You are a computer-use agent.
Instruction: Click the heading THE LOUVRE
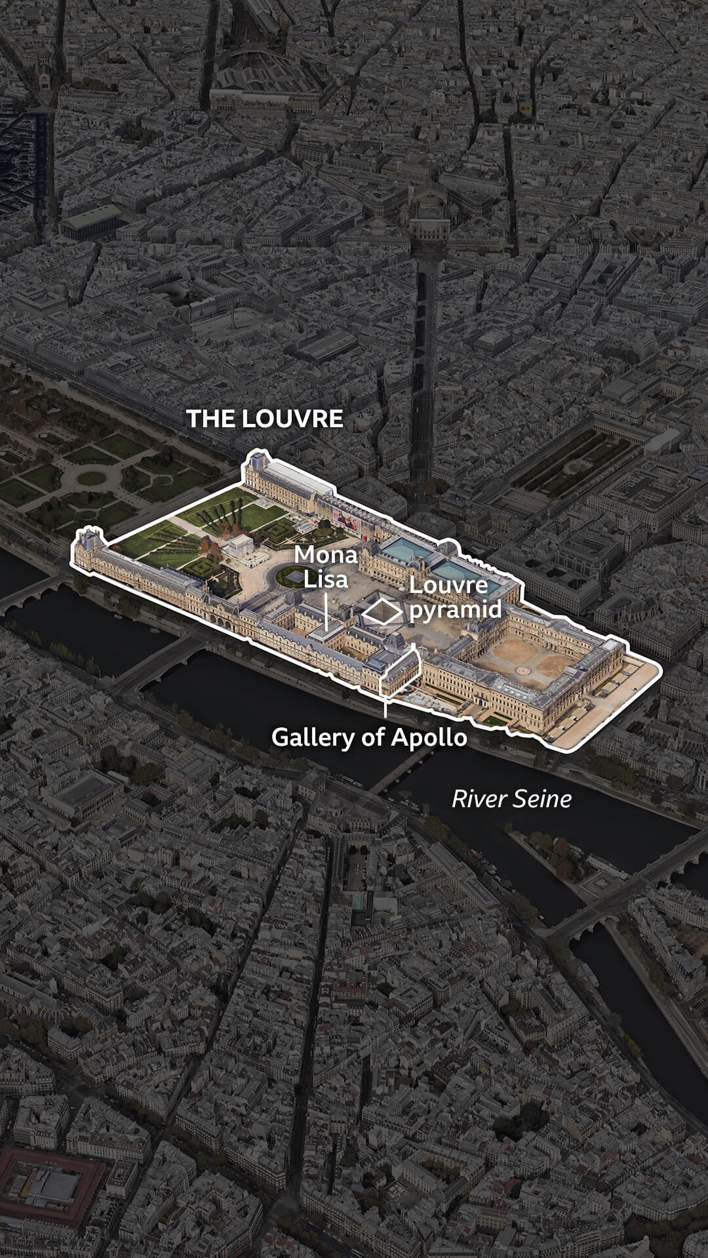pyautogui.click(x=264, y=419)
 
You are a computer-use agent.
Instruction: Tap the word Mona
pyautogui.click(x=325, y=556)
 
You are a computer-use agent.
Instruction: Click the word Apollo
pyautogui.click(x=429, y=737)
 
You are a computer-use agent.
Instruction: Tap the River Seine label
pyautogui.click(x=511, y=799)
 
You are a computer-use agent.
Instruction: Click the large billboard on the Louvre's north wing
pyautogui.click(x=347, y=520)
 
